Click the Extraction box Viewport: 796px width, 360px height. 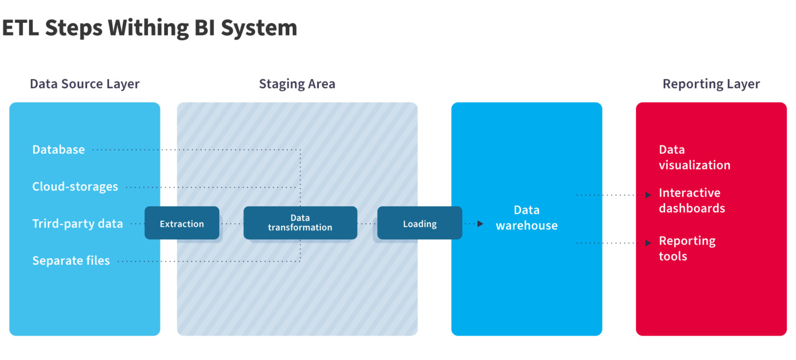tap(181, 223)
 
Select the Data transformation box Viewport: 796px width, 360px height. tap(300, 223)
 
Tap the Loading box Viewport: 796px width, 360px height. tap(419, 223)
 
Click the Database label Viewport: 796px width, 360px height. tap(59, 150)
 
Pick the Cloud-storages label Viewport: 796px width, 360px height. tap(75, 186)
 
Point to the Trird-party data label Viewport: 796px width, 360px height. tap(78, 224)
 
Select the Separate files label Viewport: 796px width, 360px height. tap(71, 261)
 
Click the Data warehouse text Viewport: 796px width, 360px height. tap(527, 218)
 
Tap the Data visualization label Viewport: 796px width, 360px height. tap(694, 157)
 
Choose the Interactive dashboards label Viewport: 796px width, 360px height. tap(692, 200)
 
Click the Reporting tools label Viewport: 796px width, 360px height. tap(687, 249)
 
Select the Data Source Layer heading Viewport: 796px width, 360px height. tap(84, 84)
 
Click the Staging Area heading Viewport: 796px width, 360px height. tap(297, 84)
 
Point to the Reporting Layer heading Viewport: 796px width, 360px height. tap(711, 84)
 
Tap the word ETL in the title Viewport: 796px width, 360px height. tap(21, 27)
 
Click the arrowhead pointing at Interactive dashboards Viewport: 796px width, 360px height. tap(648, 195)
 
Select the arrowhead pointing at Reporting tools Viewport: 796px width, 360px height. tap(648, 242)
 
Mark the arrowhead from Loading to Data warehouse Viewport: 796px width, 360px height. tap(480, 224)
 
